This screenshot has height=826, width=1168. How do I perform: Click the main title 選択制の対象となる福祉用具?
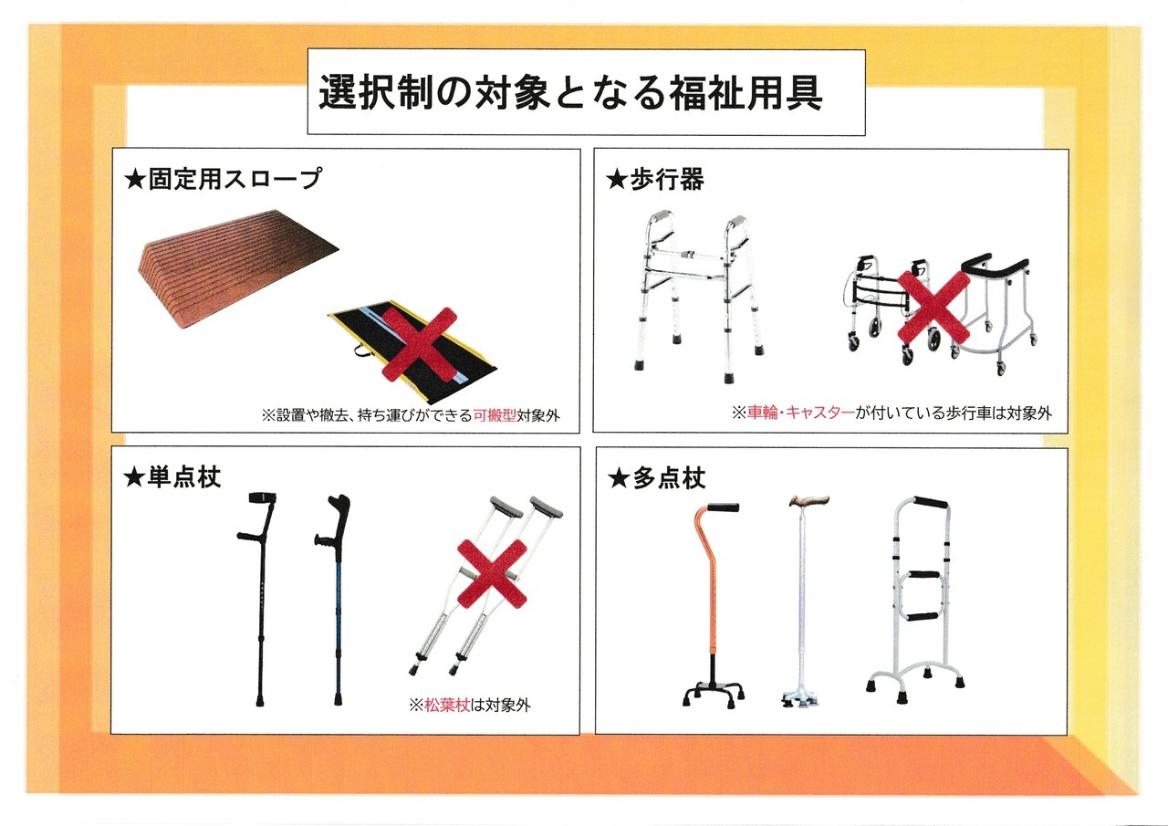[570, 92]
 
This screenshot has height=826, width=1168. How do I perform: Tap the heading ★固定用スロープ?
[224, 179]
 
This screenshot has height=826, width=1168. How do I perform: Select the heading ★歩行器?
[655, 179]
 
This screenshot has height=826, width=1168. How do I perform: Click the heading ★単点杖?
[172, 477]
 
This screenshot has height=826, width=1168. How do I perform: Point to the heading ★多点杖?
[657, 478]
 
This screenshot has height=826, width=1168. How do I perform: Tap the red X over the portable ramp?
[419, 343]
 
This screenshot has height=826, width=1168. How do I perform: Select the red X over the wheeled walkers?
[933, 308]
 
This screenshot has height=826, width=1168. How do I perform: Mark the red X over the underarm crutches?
[492, 573]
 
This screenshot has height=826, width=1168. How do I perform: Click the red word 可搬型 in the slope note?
[495, 415]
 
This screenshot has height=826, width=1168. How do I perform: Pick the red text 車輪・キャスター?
[801, 413]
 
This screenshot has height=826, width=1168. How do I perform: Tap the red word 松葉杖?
[447, 706]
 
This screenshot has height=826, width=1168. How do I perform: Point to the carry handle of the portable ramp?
[362, 351]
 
